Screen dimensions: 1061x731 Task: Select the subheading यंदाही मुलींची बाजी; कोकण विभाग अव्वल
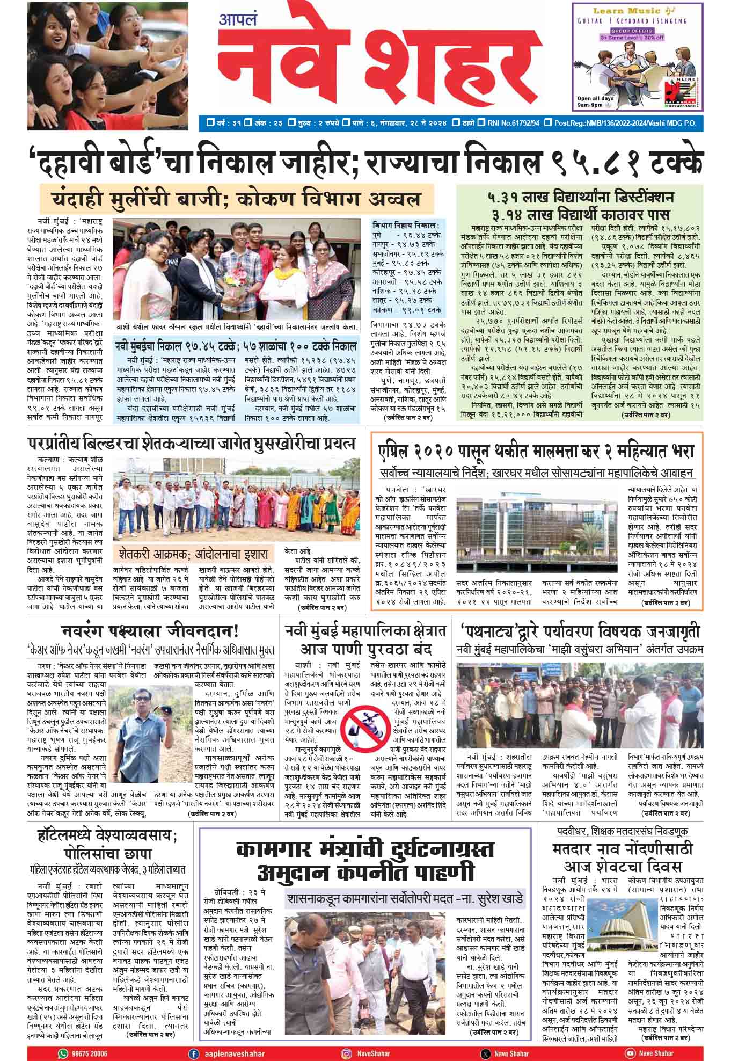(236, 200)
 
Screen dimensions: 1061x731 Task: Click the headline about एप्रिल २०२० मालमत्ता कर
(536, 450)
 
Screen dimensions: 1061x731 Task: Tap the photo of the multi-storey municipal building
(539, 532)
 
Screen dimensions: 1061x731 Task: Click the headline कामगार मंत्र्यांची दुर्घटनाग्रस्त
(365, 850)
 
